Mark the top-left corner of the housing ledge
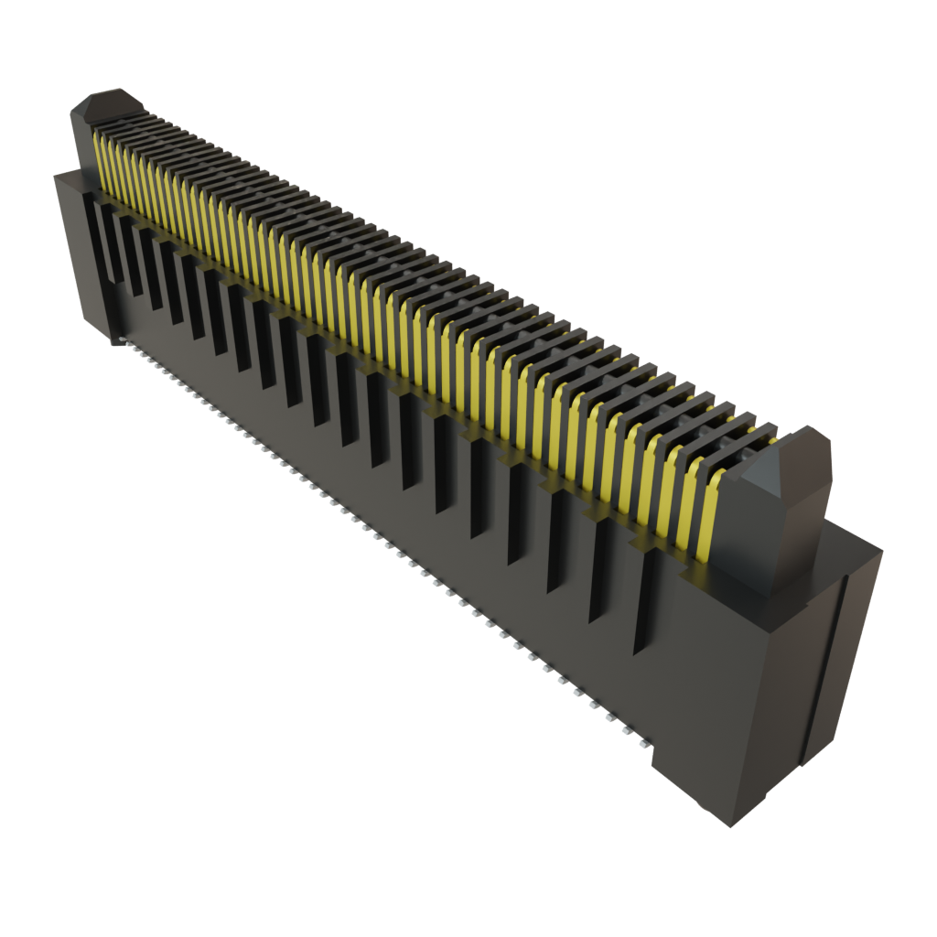[x=57, y=174]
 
